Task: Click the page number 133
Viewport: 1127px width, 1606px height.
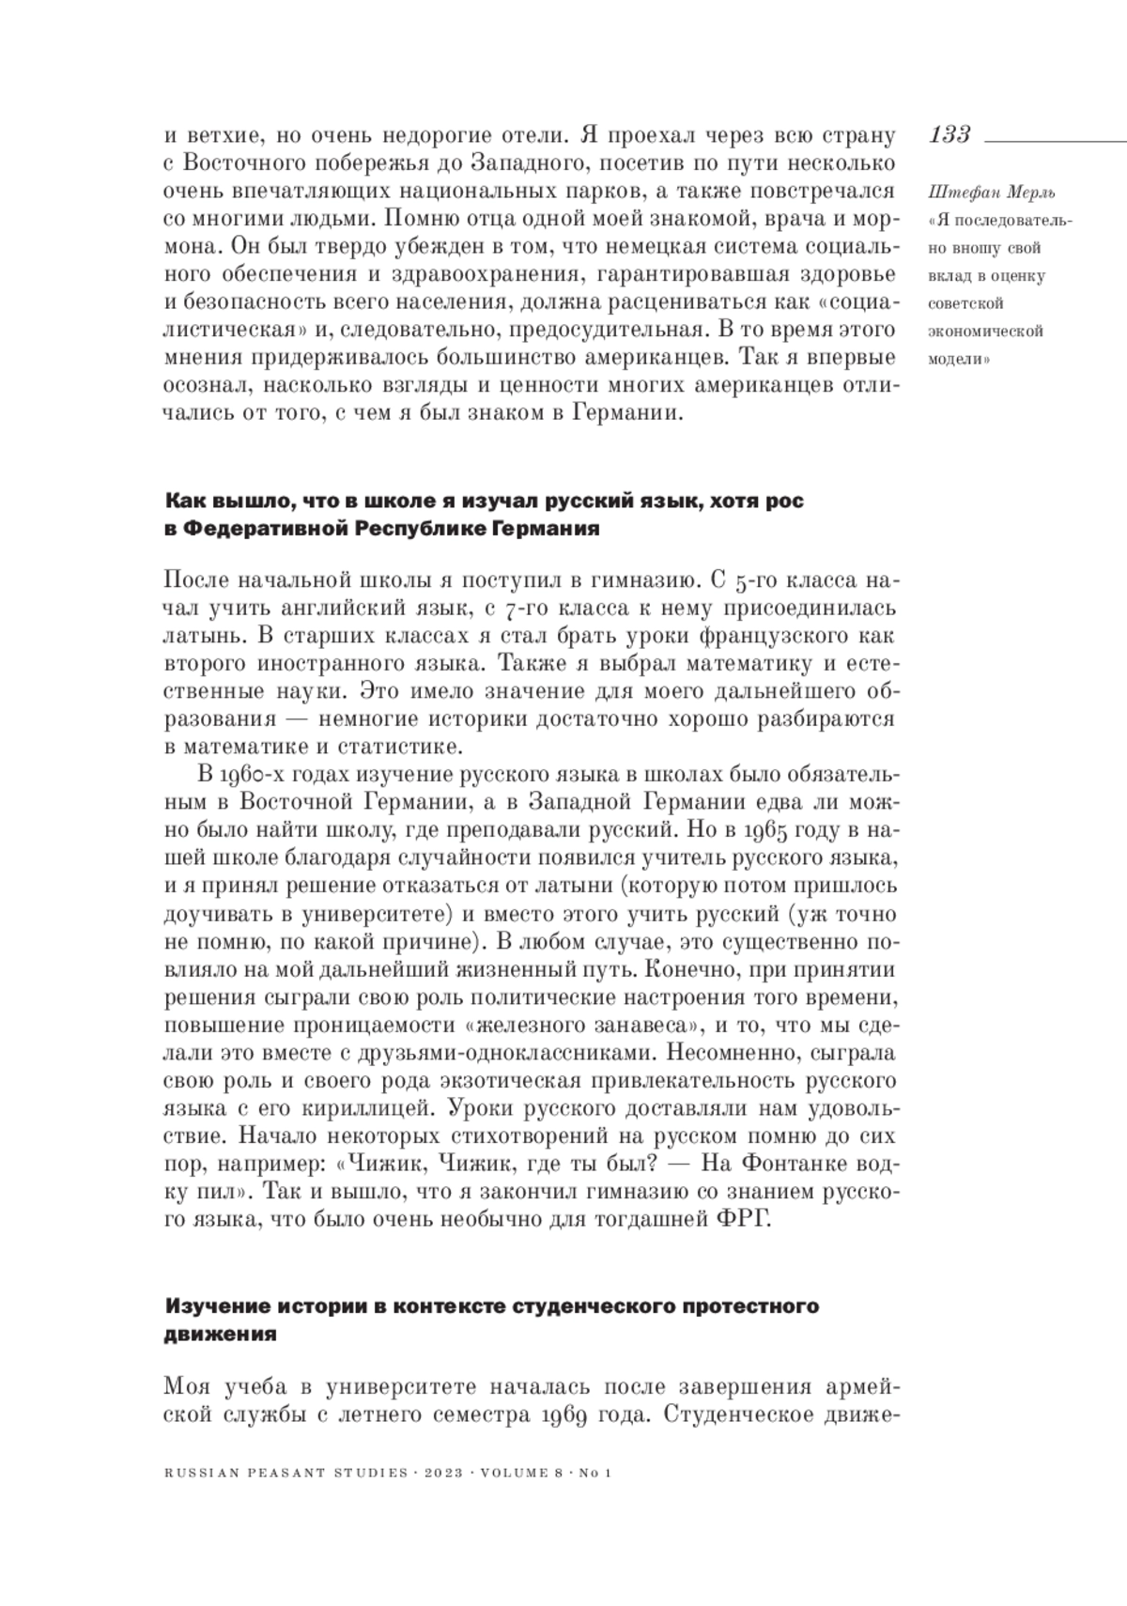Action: [x=949, y=134]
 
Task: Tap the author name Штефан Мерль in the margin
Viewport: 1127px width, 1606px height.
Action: [x=978, y=193]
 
